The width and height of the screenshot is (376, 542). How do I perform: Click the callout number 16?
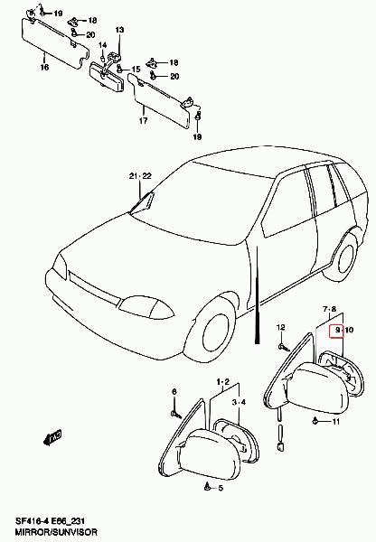[x=44, y=67]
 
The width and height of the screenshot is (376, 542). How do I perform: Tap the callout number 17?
[x=143, y=121]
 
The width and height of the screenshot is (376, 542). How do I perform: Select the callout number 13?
[x=119, y=30]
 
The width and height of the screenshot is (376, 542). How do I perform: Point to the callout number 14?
[x=102, y=45]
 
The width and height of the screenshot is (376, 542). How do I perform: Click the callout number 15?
[x=136, y=70]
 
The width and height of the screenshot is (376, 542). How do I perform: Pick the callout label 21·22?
[x=140, y=176]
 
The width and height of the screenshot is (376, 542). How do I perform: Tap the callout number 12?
[x=281, y=327]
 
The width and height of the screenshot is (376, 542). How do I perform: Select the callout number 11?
[x=335, y=421]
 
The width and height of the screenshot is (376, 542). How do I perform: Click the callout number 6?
[x=174, y=392]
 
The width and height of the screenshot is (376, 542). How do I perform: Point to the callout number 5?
[x=221, y=488]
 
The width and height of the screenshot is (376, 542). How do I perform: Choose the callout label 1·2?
[x=223, y=382]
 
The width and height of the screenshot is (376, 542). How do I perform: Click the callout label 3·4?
[x=239, y=402]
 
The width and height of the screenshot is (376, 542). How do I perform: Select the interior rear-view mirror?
[x=107, y=77]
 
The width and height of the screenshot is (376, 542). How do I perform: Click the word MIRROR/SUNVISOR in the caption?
[x=56, y=532]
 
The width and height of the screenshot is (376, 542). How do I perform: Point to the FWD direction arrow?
[x=52, y=437]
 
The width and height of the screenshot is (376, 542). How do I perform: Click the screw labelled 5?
[x=207, y=486]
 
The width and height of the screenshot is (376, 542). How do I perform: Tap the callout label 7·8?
[x=329, y=308]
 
